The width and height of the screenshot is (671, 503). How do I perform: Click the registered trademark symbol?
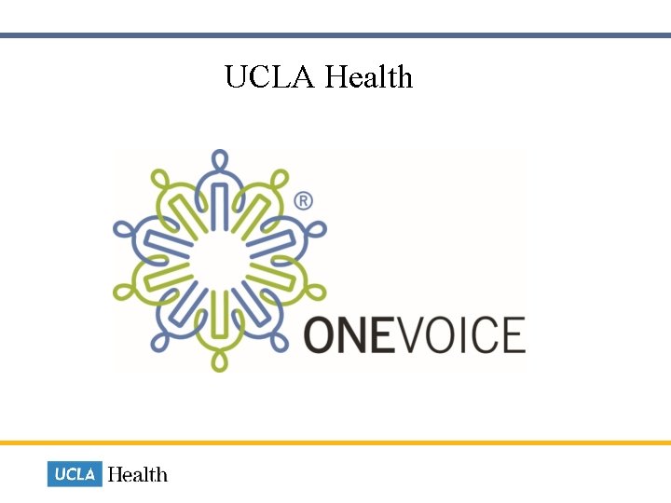(303, 201)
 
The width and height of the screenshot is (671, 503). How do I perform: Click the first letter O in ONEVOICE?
(322, 335)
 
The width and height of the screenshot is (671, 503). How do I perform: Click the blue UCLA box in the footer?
(75, 474)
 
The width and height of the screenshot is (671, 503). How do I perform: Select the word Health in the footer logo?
(138, 474)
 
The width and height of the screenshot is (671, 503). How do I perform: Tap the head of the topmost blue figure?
(220, 158)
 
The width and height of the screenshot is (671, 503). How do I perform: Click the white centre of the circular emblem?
(220, 261)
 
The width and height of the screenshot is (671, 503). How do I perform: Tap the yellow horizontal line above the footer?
(335, 442)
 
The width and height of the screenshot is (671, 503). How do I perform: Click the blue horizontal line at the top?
(335, 35)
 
